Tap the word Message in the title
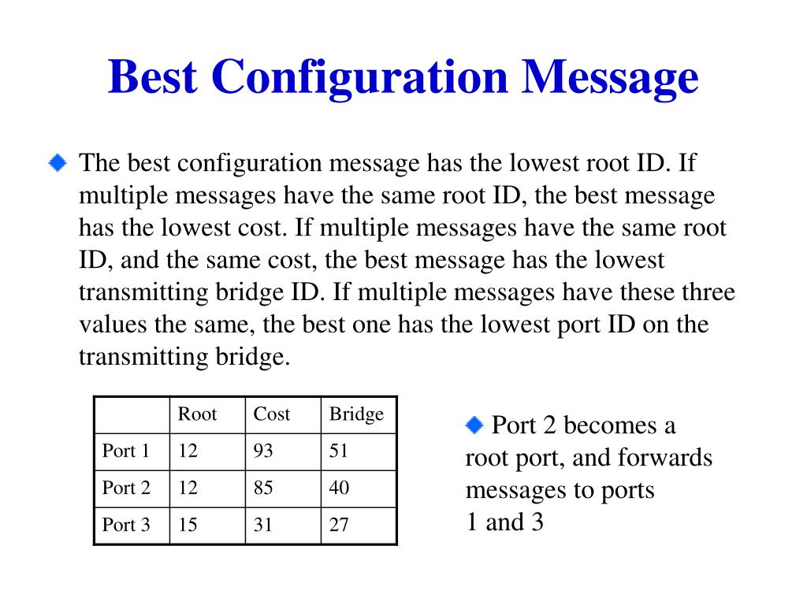coord(610,79)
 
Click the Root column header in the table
coord(197,414)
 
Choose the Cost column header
coord(272,414)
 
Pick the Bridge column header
coord(356,414)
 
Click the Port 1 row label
coord(126,451)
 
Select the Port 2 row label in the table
coord(126,488)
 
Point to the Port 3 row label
coord(126,525)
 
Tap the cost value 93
coord(263,451)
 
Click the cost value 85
coord(263,488)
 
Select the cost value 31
coord(263,525)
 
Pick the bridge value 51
coord(339,451)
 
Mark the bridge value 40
coord(339,488)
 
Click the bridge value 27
coord(339,525)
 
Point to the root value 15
coord(188,525)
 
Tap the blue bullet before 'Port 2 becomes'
coord(474,425)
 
